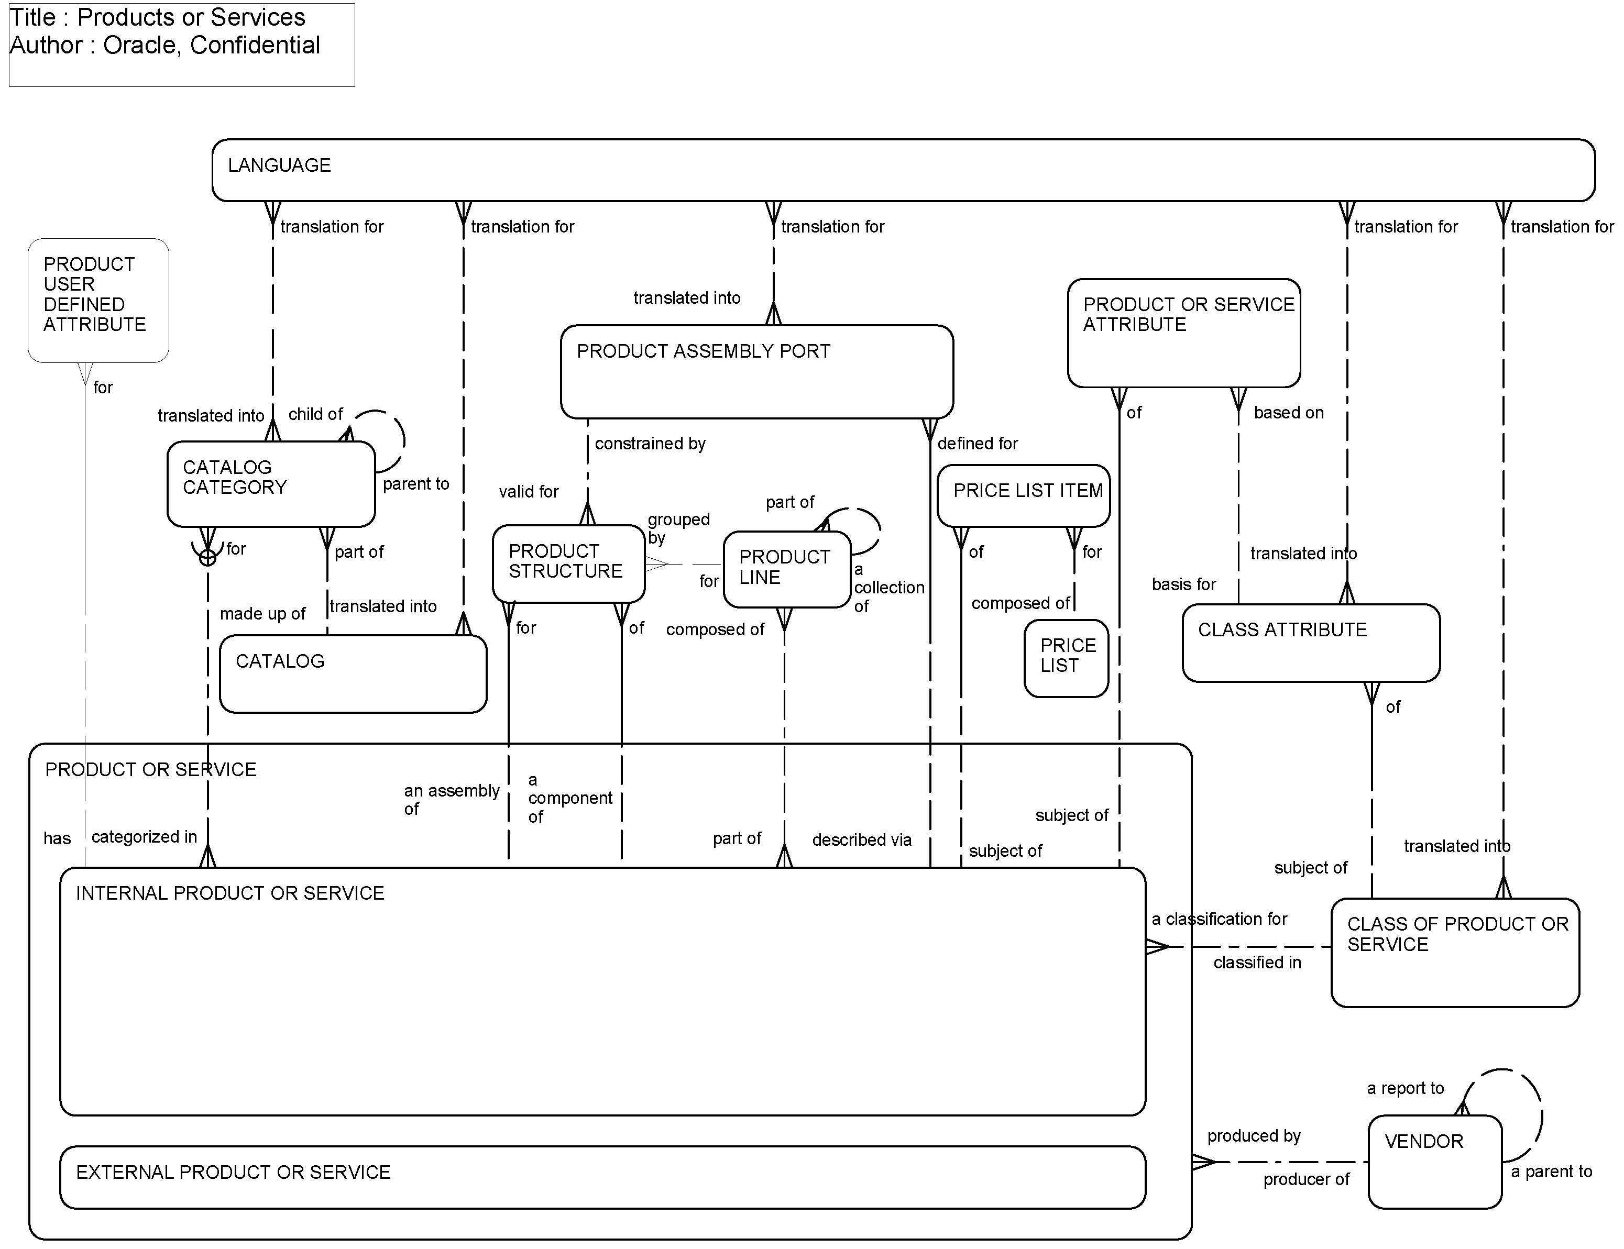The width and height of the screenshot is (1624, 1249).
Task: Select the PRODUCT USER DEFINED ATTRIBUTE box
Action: tap(98, 301)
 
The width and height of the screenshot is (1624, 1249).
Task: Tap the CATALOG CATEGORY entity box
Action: tap(271, 484)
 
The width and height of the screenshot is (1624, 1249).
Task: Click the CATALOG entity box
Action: tap(353, 673)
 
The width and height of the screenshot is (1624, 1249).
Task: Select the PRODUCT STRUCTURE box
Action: tap(568, 563)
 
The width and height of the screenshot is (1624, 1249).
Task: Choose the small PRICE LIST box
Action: tap(1066, 658)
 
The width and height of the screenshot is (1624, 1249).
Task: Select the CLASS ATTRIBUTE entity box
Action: tap(1310, 643)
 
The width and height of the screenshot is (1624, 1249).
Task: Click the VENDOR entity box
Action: tap(1434, 1161)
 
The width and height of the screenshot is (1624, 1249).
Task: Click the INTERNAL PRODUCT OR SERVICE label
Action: tap(230, 893)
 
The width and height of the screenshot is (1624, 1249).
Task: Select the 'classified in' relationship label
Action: tap(1257, 963)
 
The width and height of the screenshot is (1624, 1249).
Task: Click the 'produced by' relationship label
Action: tap(1253, 1136)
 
